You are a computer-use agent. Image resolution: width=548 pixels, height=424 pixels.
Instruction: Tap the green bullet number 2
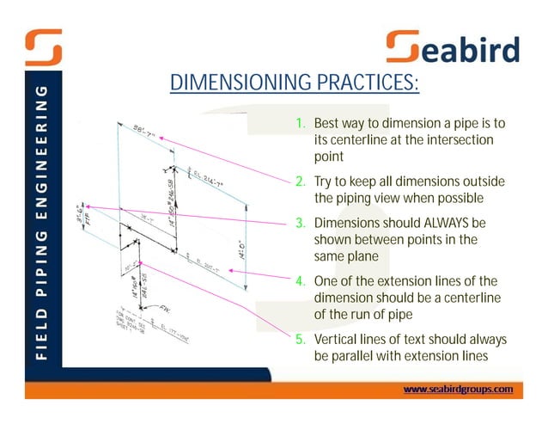point(301,181)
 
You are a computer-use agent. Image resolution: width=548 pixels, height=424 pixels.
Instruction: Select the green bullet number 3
point(301,222)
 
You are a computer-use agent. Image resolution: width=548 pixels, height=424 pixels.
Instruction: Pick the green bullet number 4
point(301,281)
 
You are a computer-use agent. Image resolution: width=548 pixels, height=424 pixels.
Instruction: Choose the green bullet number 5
point(301,339)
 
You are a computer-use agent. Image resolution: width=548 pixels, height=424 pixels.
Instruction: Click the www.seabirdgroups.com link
point(458,389)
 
